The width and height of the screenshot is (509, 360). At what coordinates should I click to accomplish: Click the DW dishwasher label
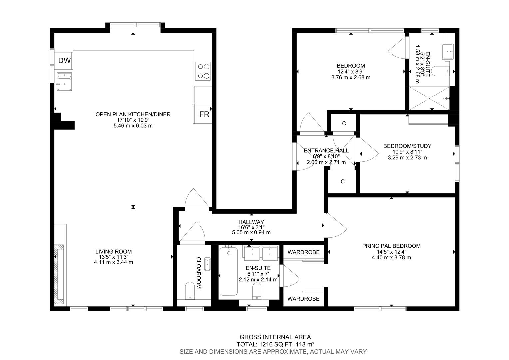coord(64,61)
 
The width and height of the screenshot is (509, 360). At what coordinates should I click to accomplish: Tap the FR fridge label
coord(204,114)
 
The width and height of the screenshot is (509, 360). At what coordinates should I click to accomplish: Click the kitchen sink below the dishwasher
coord(64,82)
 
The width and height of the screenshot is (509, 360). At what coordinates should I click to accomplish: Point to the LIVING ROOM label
coord(113,252)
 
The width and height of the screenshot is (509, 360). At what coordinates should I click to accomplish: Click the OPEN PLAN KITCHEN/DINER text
coord(133,114)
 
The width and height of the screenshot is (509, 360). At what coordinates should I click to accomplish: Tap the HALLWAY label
coord(251,222)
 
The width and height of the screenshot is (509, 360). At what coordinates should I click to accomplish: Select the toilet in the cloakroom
coord(190,290)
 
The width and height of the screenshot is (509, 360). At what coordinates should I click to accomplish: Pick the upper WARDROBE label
coord(303,252)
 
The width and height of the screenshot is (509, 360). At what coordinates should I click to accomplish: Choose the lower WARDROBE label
coord(303,299)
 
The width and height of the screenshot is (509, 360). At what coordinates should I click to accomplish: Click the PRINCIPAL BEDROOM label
coord(391,246)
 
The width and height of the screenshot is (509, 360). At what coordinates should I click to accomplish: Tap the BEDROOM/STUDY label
coord(407,146)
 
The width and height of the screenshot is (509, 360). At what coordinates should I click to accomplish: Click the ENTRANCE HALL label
coord(326,151)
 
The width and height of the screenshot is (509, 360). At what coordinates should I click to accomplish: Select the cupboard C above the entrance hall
coord(344,124)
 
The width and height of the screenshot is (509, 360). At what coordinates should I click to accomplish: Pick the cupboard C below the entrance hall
coord(342,182)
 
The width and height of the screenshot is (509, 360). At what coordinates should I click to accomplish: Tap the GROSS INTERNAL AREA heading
coord(275,337)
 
